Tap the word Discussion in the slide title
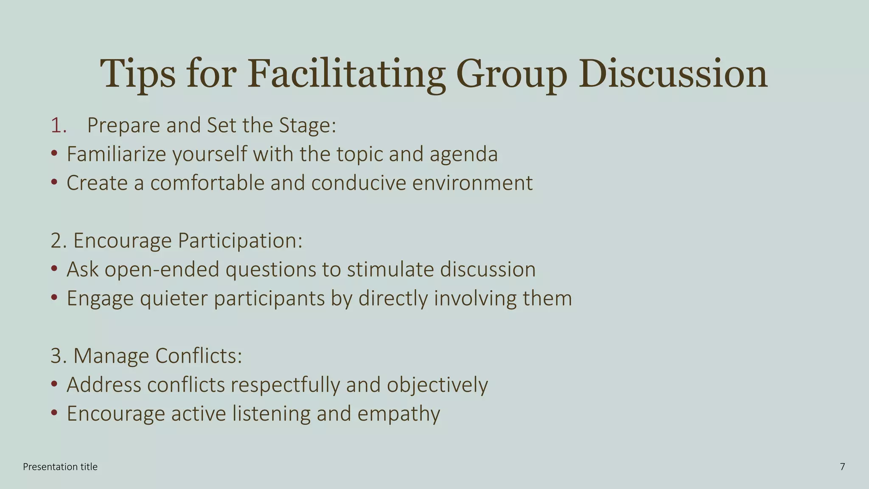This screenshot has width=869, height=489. pyautogui.click(x=673, y=74)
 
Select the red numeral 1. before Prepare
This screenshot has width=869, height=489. pyautogui.click(x=59, y=126)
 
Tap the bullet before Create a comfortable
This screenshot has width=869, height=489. pyautogui.click(x=54, y=183)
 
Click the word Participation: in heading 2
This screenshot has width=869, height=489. pyautogui.click(x=240, y=241)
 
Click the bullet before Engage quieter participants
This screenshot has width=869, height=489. pyautogui.click(x=54, y=298)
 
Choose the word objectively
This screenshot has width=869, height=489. pyautogui.click(x=437, y=385)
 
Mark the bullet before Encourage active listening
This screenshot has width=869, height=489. pyautogui.click(x=54, y=413)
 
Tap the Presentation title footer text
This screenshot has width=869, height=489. pyautogui.click(x=60, y=467)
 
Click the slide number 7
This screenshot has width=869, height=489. pyautogui.click(x=842, y=467)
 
